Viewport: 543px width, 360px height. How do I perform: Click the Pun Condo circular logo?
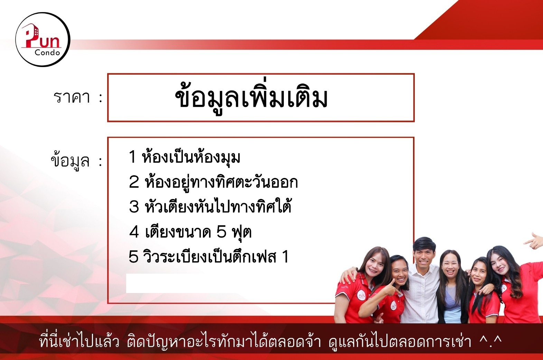[43, 39]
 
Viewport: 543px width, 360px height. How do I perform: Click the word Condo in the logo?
[47, 53]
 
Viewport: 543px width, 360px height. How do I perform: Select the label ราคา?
[72, 97]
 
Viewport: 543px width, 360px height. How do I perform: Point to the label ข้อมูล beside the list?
[70, 160]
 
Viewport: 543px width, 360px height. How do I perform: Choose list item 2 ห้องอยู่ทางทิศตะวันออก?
[213, 182]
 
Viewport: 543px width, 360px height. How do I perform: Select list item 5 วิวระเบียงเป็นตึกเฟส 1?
[209, 256]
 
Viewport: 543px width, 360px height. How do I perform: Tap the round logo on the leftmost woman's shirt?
[362, 295]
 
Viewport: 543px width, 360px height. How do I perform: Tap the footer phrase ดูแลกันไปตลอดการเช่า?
[400, 341]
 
